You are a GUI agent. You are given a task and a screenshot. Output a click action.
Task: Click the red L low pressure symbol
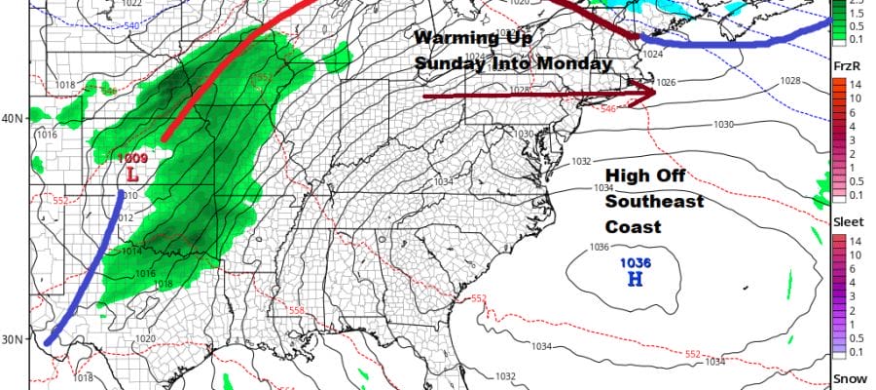132,175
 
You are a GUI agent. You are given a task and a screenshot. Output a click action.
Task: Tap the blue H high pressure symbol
635,280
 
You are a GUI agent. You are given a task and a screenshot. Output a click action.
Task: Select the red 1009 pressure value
131,158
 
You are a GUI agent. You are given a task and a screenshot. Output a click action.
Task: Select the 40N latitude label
12,118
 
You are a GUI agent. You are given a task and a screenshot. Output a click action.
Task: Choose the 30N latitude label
12,339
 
